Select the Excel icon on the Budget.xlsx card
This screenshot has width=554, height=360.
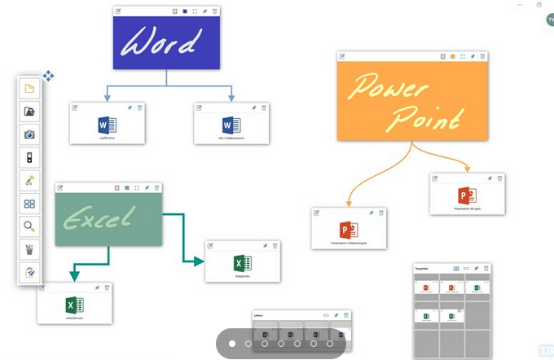pyautogui.click(x=243, y=263)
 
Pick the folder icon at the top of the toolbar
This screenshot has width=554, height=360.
pyautogui.click(x=29, y=89)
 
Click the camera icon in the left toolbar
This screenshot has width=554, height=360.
pyautogui.click(x=29, y=134)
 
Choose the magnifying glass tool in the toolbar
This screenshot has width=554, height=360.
pyautogui.click(x=29, y=226)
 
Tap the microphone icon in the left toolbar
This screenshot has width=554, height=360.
pyautogui.click(x=29, y=180)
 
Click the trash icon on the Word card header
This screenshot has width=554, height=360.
pyautogui.click(x=214, y=11)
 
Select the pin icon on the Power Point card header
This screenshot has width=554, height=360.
pyautogui.click(x=473, y=56)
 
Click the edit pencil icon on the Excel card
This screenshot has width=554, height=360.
pyautogui.click(x=59, y=187)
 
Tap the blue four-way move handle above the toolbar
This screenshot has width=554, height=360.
pyautogui.click(x=48, y=76)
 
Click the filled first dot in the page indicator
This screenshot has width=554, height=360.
pyautogui.click(x=232, y=345)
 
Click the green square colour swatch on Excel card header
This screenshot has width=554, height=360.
pyautogui.click(x=127, y=187)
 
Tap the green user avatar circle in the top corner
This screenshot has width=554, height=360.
pyautogui.click(x=550, y=20)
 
